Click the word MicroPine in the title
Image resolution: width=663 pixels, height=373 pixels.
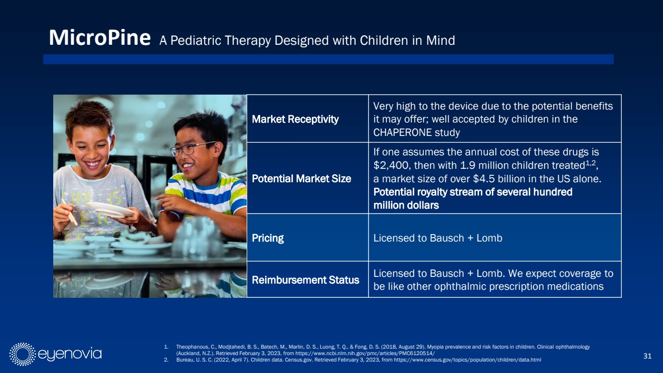[x=100, y=38]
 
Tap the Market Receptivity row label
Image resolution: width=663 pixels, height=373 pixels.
[x=295, y=119]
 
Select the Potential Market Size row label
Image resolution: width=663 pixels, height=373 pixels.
[x=301, y=179]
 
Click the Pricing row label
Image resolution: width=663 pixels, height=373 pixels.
[x=268, y=238]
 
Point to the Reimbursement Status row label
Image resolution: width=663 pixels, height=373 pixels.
[x=305, y=280]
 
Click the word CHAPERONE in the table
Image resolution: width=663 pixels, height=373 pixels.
[x=402, y=132]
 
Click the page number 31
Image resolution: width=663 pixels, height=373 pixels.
[x=647, y=356]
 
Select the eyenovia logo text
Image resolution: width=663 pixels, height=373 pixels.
[x=70, y=354]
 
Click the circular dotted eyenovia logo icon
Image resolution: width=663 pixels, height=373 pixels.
[x=22, y=354]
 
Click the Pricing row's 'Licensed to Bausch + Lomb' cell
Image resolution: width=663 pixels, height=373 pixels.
[x=438, y=238]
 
